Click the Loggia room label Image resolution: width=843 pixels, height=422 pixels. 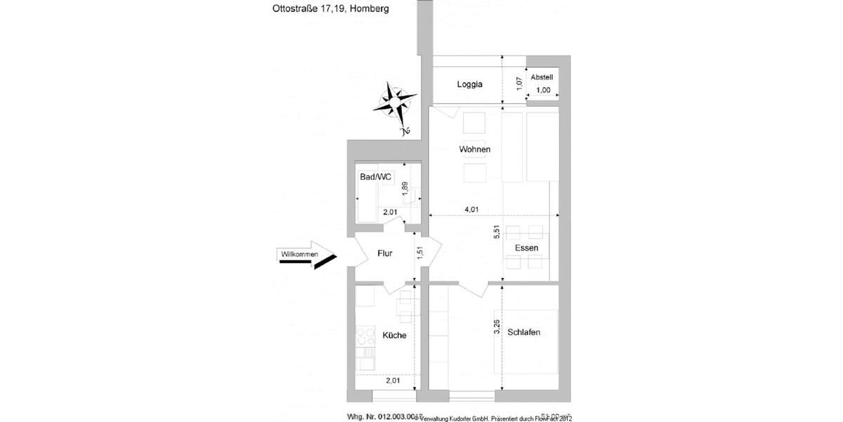[469, 84]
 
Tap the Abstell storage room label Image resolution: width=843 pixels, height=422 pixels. [542, 77]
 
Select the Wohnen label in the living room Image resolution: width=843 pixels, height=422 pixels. [474, 150]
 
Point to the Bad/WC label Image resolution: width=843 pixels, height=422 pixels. [375, 177]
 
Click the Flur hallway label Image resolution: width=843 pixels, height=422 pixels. [385, 253]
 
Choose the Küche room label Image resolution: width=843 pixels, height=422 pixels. [394, 335]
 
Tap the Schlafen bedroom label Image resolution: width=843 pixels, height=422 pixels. [523, 332]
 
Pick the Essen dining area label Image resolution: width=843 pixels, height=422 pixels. [526, 248]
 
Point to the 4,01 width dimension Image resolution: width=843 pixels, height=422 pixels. [471, 209]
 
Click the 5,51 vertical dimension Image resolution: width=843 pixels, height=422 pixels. [497, 233]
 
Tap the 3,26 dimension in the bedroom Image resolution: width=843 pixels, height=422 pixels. [497, 328]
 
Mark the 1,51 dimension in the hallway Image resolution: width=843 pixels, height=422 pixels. [420, 252]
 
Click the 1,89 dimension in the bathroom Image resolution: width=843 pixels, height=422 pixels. [405, 188]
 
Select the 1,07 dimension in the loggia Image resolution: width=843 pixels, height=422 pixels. [519, 83]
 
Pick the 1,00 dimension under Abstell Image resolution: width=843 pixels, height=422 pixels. [543, 90]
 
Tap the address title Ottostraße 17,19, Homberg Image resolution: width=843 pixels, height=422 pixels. [330, 10]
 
